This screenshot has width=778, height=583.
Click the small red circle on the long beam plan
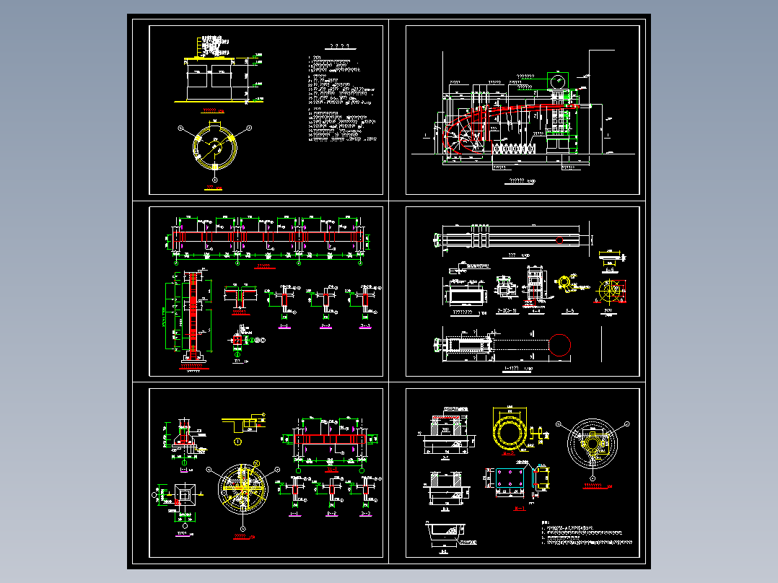560,240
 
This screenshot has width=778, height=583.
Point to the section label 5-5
569,311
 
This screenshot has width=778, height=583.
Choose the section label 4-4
535,311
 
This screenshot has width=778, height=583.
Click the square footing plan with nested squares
185,494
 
